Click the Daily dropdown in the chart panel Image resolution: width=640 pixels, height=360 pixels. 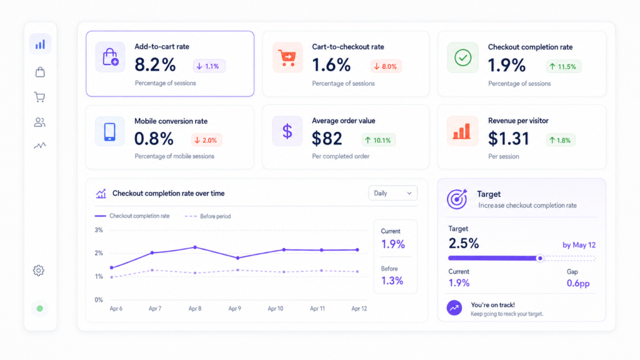392,194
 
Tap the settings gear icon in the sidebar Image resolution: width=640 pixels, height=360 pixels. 39,270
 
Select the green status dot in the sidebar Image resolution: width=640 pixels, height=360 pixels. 39,309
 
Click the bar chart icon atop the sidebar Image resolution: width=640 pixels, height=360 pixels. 40,44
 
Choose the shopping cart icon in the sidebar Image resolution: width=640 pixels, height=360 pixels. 39,97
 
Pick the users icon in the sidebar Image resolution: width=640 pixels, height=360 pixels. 39,122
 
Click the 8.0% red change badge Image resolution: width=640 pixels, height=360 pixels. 386,66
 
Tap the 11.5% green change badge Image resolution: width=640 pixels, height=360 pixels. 563,66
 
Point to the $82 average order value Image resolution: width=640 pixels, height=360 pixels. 327,139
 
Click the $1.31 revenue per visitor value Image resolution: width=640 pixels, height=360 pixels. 509,139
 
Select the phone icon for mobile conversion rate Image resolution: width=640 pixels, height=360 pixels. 110,131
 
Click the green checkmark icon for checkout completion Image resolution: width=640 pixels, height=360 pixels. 463,57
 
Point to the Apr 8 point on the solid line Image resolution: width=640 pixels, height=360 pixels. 195,247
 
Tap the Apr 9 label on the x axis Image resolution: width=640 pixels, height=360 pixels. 235,309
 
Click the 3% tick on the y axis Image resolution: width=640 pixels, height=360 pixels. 99,230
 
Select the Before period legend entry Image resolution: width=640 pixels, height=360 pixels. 207,216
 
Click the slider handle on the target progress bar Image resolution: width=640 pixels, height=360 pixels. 540,258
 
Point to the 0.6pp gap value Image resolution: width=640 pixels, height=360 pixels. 578,283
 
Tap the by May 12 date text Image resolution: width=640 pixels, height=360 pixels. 579,245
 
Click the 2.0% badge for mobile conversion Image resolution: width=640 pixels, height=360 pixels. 206,140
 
